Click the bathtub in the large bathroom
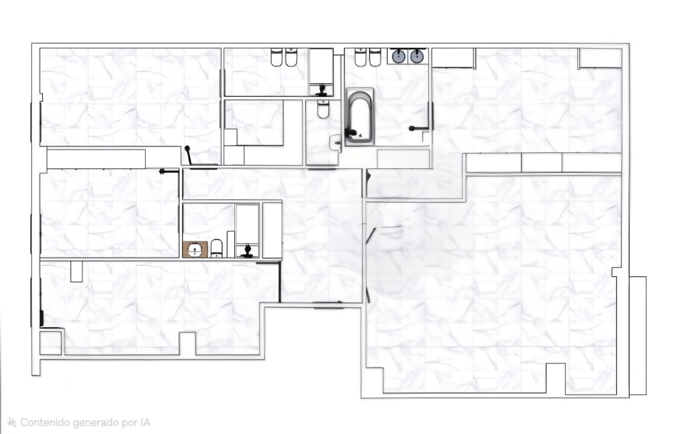pos(359,117)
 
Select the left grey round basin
pos(398,57)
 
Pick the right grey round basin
pos(416,57)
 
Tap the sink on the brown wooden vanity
pos(195,249)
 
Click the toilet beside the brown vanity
pos(217,249)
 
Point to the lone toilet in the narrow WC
pos(323,109)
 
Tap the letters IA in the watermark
pos(145,422)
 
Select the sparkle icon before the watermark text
pos(11,422)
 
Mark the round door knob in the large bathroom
pos(412,128)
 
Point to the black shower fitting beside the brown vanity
pos(247,251)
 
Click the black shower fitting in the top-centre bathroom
pos(322,90)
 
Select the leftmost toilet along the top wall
pos(276,57)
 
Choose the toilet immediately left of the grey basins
pos(375,57)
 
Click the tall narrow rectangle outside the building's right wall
pos(638,336)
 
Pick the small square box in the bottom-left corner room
pos(51,343)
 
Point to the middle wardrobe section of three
pos(541,162)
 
